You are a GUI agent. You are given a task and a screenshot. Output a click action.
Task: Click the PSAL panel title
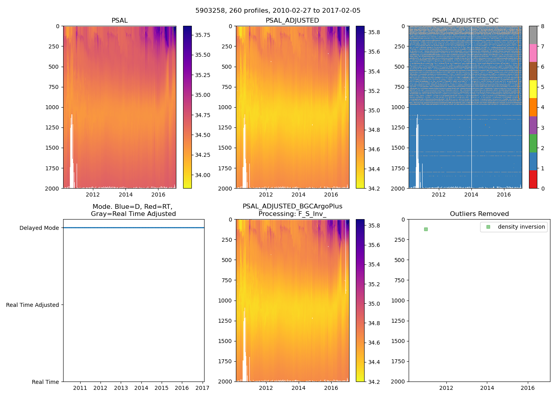(120, 21)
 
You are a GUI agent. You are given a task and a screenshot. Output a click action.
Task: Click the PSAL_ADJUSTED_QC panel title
(465, 21)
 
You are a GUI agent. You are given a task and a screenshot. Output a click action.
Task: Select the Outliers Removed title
(479, 214)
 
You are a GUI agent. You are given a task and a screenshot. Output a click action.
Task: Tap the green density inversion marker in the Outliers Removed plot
(426, 229)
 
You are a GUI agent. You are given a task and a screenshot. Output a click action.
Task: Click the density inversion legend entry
(521, 227)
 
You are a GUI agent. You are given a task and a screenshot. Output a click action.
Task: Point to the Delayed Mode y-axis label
(39, 228)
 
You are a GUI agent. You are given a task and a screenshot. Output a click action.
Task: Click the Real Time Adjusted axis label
(33, 305)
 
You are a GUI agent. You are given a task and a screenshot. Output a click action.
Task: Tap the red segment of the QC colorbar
(533, 179)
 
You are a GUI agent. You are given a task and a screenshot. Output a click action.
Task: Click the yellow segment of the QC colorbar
(533, 89)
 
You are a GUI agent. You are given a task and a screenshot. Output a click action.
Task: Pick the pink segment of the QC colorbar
(533, 53)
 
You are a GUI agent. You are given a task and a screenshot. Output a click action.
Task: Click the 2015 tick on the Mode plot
(161, 388)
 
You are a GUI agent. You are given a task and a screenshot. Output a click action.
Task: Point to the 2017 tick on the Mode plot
(202, 388)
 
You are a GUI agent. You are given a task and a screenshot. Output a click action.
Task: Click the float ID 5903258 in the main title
(209, 11)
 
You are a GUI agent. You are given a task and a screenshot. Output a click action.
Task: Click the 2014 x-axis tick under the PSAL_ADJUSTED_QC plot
(471, 195)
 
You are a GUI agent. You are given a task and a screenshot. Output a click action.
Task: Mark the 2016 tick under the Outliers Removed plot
(528, 388)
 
